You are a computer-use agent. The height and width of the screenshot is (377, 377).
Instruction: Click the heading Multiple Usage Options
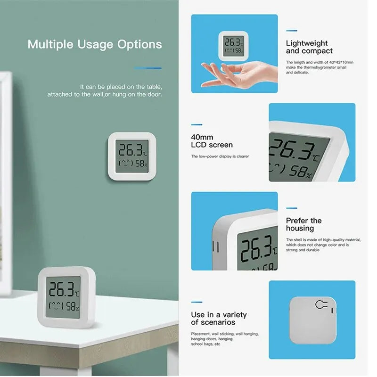click(95, 45)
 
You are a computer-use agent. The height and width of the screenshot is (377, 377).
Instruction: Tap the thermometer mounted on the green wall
click(132, 157)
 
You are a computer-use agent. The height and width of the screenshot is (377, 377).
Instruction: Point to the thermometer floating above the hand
click(233, 45)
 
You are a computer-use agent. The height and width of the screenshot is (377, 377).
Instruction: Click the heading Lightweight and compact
click(309, 47)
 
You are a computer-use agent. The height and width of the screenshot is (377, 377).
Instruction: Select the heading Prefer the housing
click(303, 224)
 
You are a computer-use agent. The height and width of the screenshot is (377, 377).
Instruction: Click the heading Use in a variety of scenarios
click(219, 319)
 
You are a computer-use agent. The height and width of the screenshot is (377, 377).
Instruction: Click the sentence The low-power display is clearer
click(220, 156)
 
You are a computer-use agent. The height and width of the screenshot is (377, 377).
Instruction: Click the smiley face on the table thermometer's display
click(57, 305)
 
